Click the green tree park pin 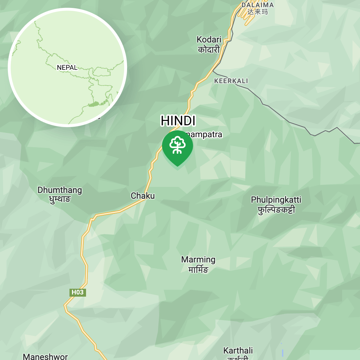pos(177,145)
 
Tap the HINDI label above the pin pos(178,121)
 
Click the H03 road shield pos(77,292)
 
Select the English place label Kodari pos(209,40)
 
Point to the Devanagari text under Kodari pos(209,49)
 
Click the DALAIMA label pos(257,5)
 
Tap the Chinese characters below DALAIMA pos(257,12)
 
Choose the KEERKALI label pos(231,81)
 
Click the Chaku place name pos(143,196)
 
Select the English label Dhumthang pos(60,190)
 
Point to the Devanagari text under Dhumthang pos(60,199)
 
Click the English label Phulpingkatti pos(276,200)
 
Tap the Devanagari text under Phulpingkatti pos(276,209)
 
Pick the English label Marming pos(198,260)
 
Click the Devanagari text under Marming pos(198,269)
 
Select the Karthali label pos(238,351)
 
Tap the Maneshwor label pos(45,357)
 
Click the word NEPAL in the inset pos(67,68)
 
